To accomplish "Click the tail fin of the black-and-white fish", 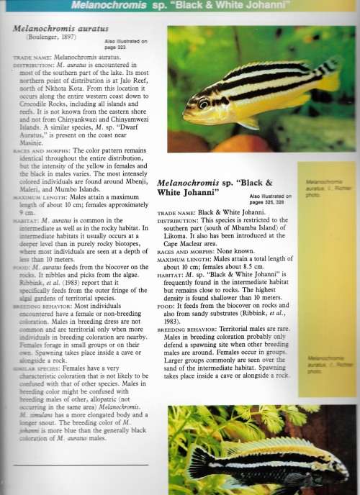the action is (x=202, y=461).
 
